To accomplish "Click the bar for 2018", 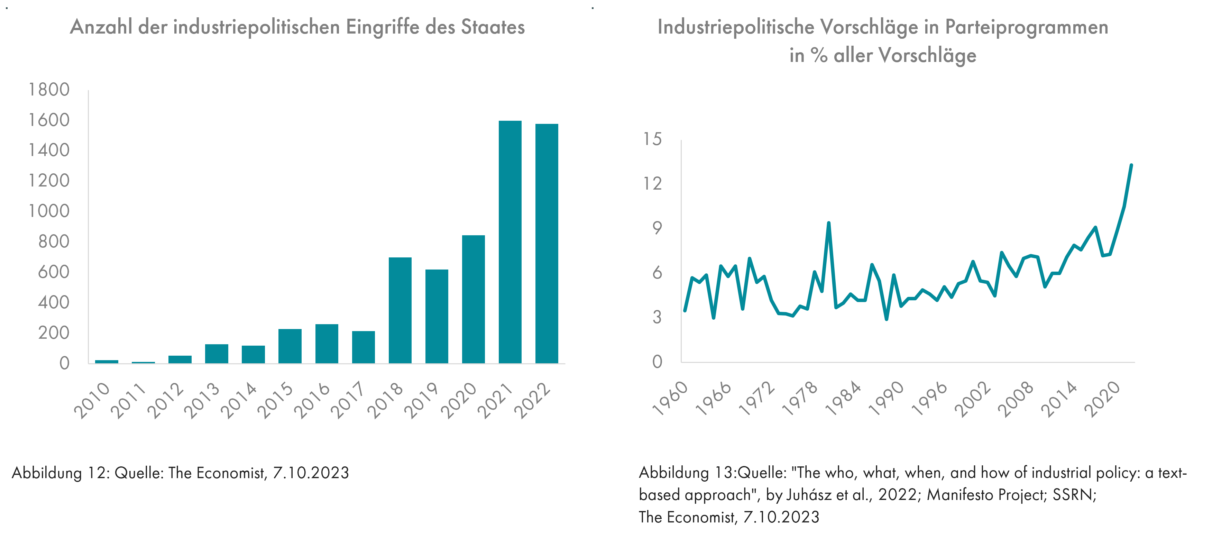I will (x=400, y=310).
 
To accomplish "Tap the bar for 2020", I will (x=473, y=299).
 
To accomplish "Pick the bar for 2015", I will (x=290, y=346).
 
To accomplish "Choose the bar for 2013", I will (x=217, y=354).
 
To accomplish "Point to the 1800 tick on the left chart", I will (x=49, y=89).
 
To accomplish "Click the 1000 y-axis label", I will (x=49, y=211).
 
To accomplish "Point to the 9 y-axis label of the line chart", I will (x=657, y=228).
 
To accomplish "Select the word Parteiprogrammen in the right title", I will (x=1026, y=27).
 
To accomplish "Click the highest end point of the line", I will (x=1131, y=165).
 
